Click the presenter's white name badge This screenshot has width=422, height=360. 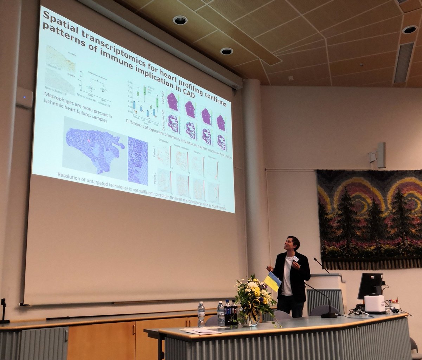point(296,259)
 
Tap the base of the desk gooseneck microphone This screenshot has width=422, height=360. point(329,315)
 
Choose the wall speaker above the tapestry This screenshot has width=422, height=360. point(381,155)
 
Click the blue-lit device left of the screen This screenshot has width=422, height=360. point(25,97)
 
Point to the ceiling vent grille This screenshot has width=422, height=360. point(404,63)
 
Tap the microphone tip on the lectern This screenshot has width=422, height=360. point(315,259)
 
